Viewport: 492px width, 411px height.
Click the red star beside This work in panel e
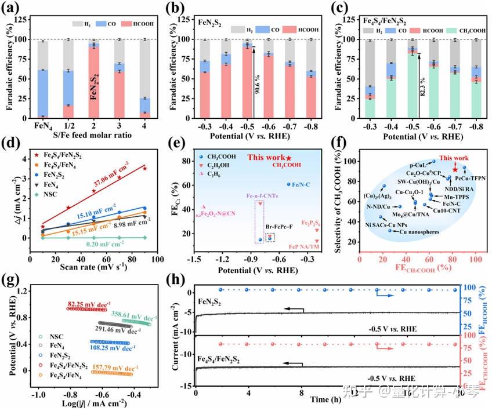pyautogui.click(x=289, y=158)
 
